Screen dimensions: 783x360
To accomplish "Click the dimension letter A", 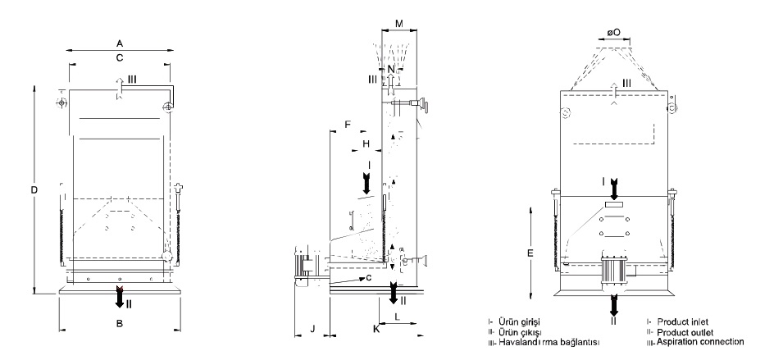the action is pyautogui.click(x=120, y=43).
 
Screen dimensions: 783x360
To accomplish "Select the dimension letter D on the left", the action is pyautogui.click(x=34, y=189).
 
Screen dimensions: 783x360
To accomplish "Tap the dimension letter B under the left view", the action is pyautogui.click(x=120, y=324).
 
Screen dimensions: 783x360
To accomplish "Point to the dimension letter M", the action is pyautogui.click(x=399, y=24).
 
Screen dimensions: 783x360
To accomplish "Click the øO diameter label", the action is pyautogui.click(x=614, y=32).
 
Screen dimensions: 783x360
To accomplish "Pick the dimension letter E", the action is pyautogui.click(x=530, y=253).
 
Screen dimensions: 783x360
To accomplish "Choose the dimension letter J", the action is pyautogui.click(x=312, y=329).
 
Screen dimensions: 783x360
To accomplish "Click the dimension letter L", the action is pyautogui.click(x=397, y=317).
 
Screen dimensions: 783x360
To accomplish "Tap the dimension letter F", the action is pyautogui.click(x=348, y=124).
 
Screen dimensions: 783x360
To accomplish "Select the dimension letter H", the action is pyautogui.click(x=366, y=144).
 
